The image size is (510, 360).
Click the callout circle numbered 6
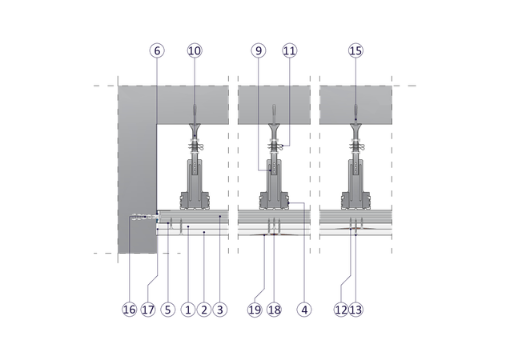157,50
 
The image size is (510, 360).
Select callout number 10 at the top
195,50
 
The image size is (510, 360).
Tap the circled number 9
259,50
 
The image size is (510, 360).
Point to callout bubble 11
290,50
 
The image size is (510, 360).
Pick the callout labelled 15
355,50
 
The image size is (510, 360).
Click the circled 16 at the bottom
129,310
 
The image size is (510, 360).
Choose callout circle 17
148,310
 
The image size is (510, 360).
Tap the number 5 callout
168,310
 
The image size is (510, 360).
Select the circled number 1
188,310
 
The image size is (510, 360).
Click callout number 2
204,310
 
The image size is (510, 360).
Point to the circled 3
220,310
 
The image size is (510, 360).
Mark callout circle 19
255,310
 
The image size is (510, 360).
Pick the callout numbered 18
274,310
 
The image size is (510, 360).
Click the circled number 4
304,310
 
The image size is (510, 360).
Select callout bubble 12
341,310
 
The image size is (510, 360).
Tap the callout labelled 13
355,310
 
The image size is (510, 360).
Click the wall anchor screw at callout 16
144,217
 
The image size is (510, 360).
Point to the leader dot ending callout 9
270,170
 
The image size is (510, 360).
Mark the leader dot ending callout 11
283,146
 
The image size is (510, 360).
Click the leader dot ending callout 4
288,203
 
